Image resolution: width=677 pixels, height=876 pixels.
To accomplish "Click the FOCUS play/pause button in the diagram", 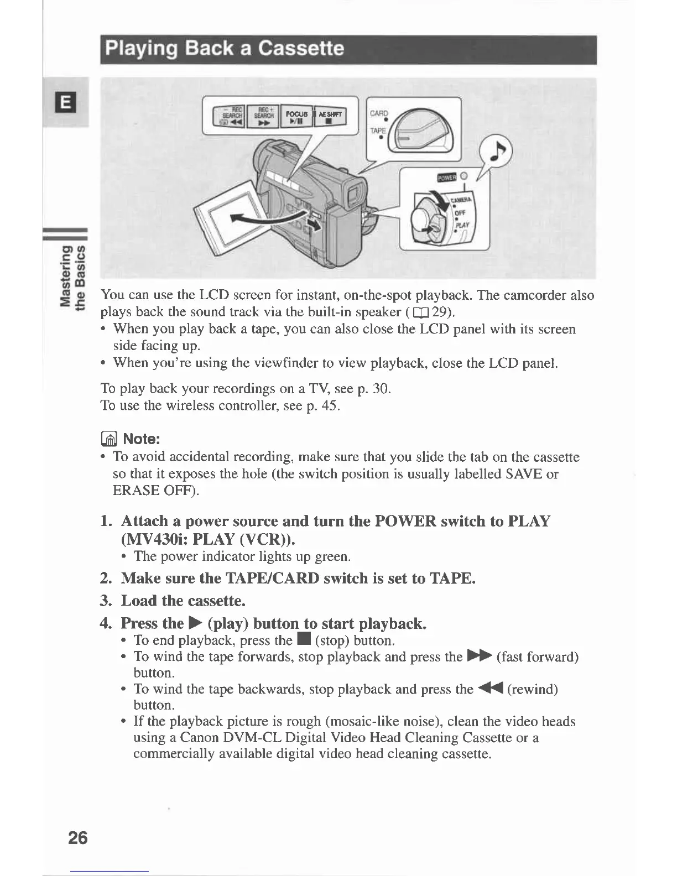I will (x=297, y=117).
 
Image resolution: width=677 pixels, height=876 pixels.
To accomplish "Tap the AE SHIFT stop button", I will (x=330, y=117).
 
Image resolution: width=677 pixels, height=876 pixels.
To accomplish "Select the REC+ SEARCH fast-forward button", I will (x=263, y=117).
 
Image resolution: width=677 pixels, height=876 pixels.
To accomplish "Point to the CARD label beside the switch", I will (x=379, y=114).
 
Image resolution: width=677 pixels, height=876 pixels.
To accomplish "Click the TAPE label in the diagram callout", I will (x=378, y=132).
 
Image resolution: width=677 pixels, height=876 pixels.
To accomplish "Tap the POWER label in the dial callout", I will (x=446, y=177).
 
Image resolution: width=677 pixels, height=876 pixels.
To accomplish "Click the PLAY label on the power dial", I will (x=462, y=225).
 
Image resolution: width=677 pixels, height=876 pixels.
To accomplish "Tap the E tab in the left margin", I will (x=65, y=103).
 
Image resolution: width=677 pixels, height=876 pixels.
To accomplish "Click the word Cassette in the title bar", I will (x=301, y=49).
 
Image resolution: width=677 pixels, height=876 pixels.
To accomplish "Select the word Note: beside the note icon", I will (x=142, y=439).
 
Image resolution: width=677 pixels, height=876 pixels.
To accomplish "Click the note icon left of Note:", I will (x=110, y=439).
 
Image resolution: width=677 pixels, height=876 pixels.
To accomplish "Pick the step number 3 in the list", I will (x=106, y=601).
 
